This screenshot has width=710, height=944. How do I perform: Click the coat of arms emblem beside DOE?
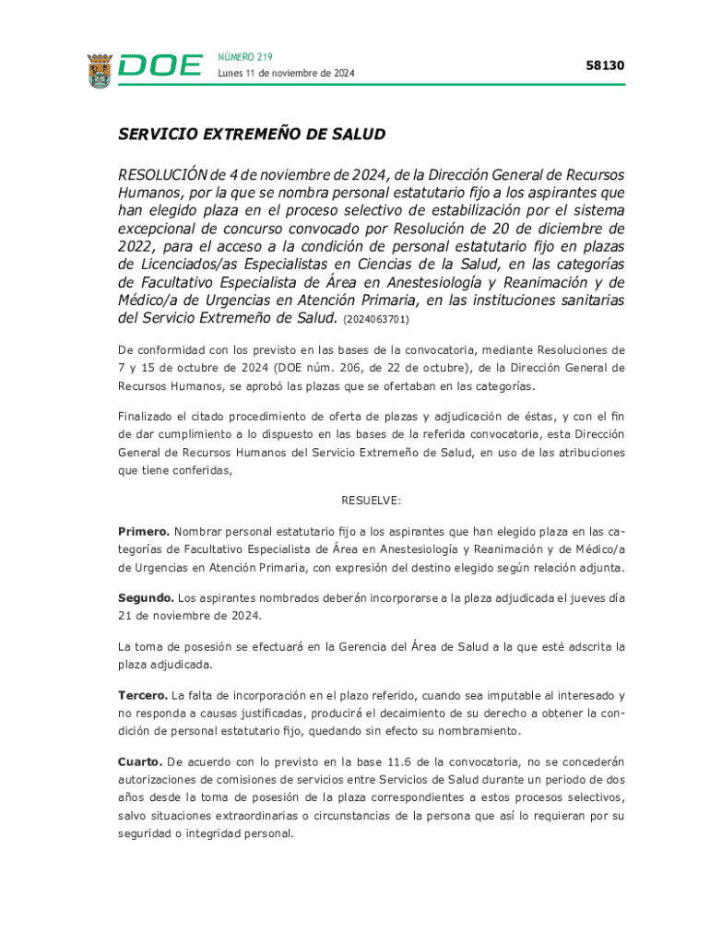(x=100, y=70)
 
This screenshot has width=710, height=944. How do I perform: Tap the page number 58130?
(x=605, y=65)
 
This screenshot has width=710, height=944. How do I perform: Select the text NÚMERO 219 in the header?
(x=245, y=57)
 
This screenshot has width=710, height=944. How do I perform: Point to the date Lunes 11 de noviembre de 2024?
(x=286, y=74)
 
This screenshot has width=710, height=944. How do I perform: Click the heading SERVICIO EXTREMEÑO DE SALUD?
(x=251, y=135)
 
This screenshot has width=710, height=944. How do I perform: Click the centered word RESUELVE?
(x=372, y=501)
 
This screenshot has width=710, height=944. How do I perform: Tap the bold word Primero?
(x=143, y=532)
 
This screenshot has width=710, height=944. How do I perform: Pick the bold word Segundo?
(x=146, y=598)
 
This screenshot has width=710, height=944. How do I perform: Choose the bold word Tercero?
(x=142, y=695)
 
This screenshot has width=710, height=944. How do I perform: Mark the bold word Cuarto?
(x=140, y=761)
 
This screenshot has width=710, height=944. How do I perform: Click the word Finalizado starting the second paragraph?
(x=150, y=416)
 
